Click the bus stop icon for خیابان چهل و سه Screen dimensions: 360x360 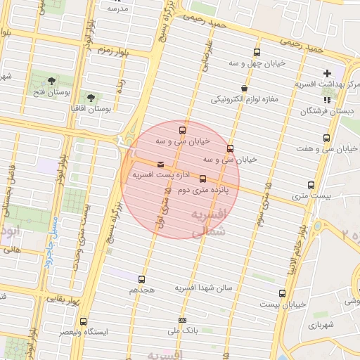coord(257,52)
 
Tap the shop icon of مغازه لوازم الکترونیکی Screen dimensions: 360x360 coord(243,88)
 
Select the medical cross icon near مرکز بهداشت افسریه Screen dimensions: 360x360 coord(327,73)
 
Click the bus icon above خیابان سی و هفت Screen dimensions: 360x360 coord(326,138)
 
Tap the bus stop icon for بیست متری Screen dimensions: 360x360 coord(311,186)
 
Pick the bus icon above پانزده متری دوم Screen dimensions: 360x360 coord(203,179)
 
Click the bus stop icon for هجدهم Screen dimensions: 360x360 coord(142,279)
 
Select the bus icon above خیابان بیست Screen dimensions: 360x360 coord(283,293)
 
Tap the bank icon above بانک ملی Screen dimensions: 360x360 coord(183,320)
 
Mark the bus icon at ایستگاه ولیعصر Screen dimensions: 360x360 coord(84,321)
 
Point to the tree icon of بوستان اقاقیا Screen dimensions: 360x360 coord(90,96)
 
